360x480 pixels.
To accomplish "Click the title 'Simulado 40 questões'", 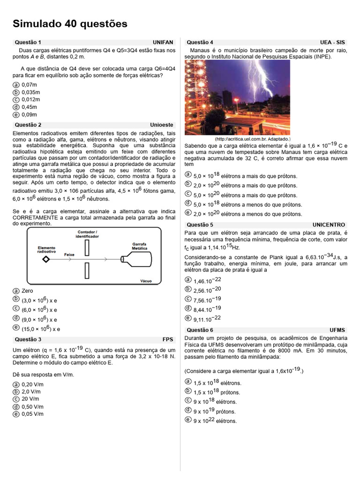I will pyautogui.click(x=70, y=24).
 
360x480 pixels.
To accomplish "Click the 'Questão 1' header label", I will pyautogui.click(x=28, y=42).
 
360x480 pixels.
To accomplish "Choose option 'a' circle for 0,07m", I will pyautogui.click(x=16, y=85).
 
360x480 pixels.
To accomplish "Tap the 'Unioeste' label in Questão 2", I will pyautogui.click(x=162, y=125).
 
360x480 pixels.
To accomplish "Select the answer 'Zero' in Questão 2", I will pyautogui.click(x=27, y=291).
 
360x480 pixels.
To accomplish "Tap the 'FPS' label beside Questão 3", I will pyautogui.click(x=168, y=339).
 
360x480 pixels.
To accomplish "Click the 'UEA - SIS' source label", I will pyautogui.click(x=332, y=42).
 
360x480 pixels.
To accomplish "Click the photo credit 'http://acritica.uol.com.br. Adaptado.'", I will pyautogui.click(x=253, y=139).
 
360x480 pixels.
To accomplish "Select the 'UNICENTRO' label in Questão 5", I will pyautogui.click(x=329, y=225).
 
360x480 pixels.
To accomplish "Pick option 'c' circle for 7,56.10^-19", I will pyautogui.click(x=188, y=299).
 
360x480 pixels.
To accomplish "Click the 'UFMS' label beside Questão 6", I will pyautogui.click(x=337, y=330).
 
